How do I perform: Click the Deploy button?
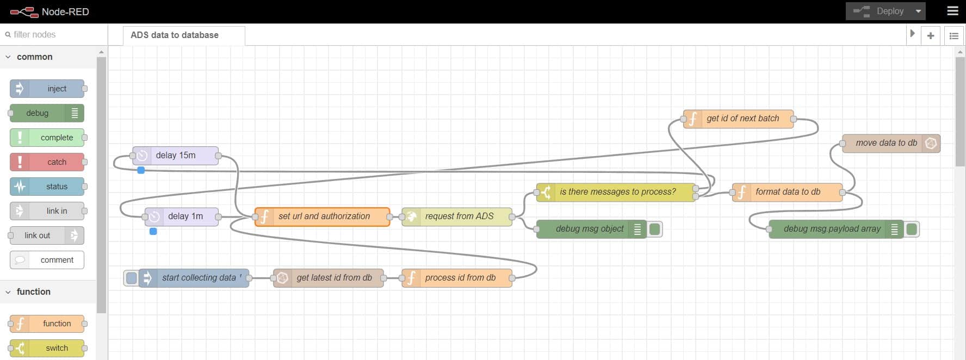click(x=878, y=11)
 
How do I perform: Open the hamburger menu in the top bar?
click(x=952, y=11)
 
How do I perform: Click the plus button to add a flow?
click(x=931, y=35)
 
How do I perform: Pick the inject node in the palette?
click(x=47, y=89)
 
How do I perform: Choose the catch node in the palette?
click(x=47, y=162)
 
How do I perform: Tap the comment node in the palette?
click(x=47, y=260)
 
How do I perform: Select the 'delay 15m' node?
click(x=176, y=156)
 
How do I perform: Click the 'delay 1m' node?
click(x=182, y=216)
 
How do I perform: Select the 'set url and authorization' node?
click(x=323, y=216)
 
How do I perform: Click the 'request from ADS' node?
click(x=457, y=216)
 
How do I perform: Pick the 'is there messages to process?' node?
click(x=616, y=192)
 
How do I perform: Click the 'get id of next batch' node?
click(x=739, y=119)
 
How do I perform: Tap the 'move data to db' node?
click(x=891, y=143)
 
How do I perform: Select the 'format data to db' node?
click(x=788, y=192)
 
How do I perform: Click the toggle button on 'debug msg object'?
click(x=655, y=229)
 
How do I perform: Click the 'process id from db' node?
click(x=457, y=278)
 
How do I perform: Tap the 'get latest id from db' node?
click(x=329, y=278)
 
